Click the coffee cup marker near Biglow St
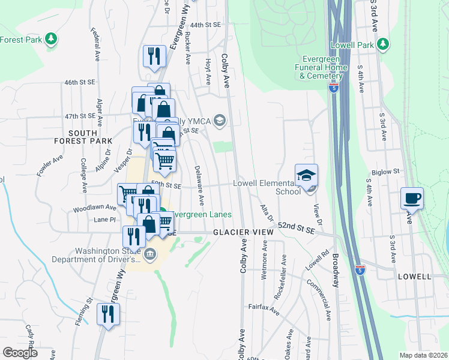click(412, 198)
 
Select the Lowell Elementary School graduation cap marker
click(306, 175)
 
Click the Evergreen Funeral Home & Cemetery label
click(323, 67)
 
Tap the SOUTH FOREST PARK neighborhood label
click(91, 137)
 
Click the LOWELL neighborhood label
click(414, 277)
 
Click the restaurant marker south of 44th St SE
click(154, 56)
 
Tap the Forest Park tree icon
click(51, 39)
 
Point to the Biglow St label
click(385, 172)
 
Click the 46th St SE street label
click(80, 82)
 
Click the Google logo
click(20, 353)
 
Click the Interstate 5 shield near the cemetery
click(333, 88)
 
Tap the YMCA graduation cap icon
click(219, 121)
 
